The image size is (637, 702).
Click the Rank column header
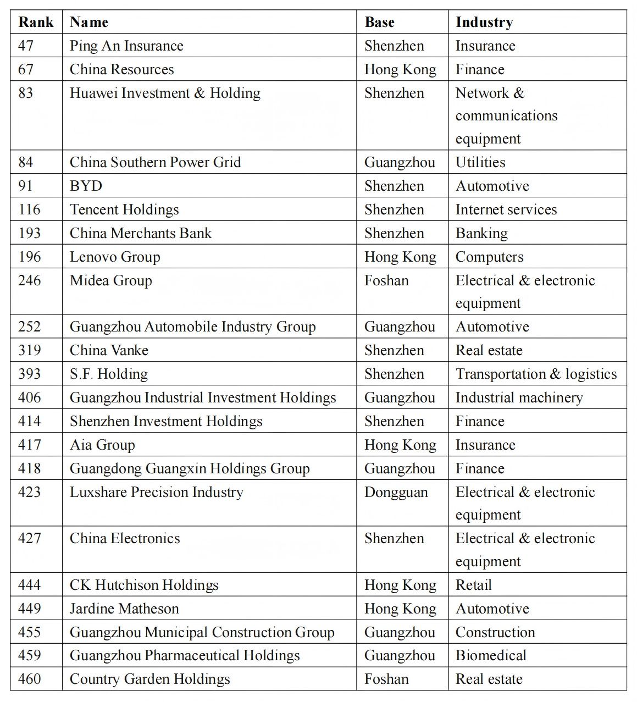tap(36, 22)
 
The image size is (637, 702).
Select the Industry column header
tap(484, 22)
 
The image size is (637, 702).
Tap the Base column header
tap(379, 22)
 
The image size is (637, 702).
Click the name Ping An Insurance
tap(126, 46)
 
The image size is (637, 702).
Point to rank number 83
tap(26, 93)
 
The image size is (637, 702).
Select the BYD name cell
tap(86, 186)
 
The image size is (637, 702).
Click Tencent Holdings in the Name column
tap(124, 209)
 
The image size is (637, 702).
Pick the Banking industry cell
tap(481, 233)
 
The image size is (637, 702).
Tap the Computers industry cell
tap(489, 257)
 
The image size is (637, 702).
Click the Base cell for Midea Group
tap(386, 280)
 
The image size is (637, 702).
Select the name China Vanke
tap(109, 350)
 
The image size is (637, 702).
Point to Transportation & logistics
tap(536, 374)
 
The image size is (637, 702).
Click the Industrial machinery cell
tap(519, 397)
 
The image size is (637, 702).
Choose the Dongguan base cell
tap(396, 492)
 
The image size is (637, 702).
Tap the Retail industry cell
tap(473, 585)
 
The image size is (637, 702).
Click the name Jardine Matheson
tap(124, 609)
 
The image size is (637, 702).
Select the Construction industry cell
tap(495, 632)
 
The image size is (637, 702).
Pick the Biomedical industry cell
tap(491, 655)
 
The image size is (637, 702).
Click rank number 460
tap(30, 679)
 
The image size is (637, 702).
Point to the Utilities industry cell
tap(480, 162)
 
